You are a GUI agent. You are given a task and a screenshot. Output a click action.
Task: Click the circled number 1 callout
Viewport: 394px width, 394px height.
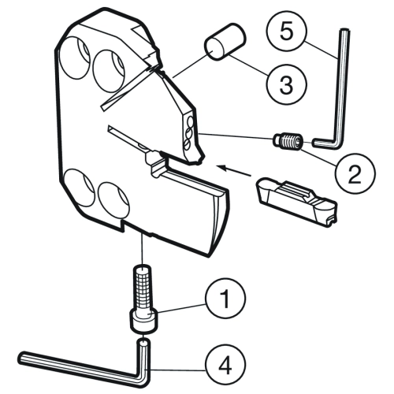[225, 299]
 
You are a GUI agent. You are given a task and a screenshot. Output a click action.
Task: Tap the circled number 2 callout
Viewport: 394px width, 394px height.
[355, 174]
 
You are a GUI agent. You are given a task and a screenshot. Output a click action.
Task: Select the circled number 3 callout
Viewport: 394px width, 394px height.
[287, 84]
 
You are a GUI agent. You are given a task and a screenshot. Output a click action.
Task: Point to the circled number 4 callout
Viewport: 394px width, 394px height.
[225, 365]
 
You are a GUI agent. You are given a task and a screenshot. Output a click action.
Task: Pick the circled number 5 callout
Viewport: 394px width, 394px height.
[287, 32]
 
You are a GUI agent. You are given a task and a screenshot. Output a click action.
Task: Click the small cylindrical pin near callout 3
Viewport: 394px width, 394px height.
[225, 42]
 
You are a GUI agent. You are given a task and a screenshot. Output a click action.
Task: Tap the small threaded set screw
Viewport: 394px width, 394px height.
[288, 142]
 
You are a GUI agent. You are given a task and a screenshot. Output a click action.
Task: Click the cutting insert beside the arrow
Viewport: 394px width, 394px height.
[296, 202]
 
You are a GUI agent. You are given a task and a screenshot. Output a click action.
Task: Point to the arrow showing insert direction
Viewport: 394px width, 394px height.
[234, 170]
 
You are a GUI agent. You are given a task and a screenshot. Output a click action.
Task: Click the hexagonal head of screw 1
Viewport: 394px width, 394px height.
[143, 322]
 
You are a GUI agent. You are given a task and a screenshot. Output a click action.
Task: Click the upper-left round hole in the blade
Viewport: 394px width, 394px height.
[75, 58]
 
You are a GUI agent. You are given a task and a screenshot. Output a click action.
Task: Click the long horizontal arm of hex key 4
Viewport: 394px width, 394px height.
[79, 366]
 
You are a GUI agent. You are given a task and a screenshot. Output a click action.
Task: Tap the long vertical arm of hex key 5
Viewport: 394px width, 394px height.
[342, 84]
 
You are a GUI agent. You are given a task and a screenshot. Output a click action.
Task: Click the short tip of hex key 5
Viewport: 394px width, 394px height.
[324, 142]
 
